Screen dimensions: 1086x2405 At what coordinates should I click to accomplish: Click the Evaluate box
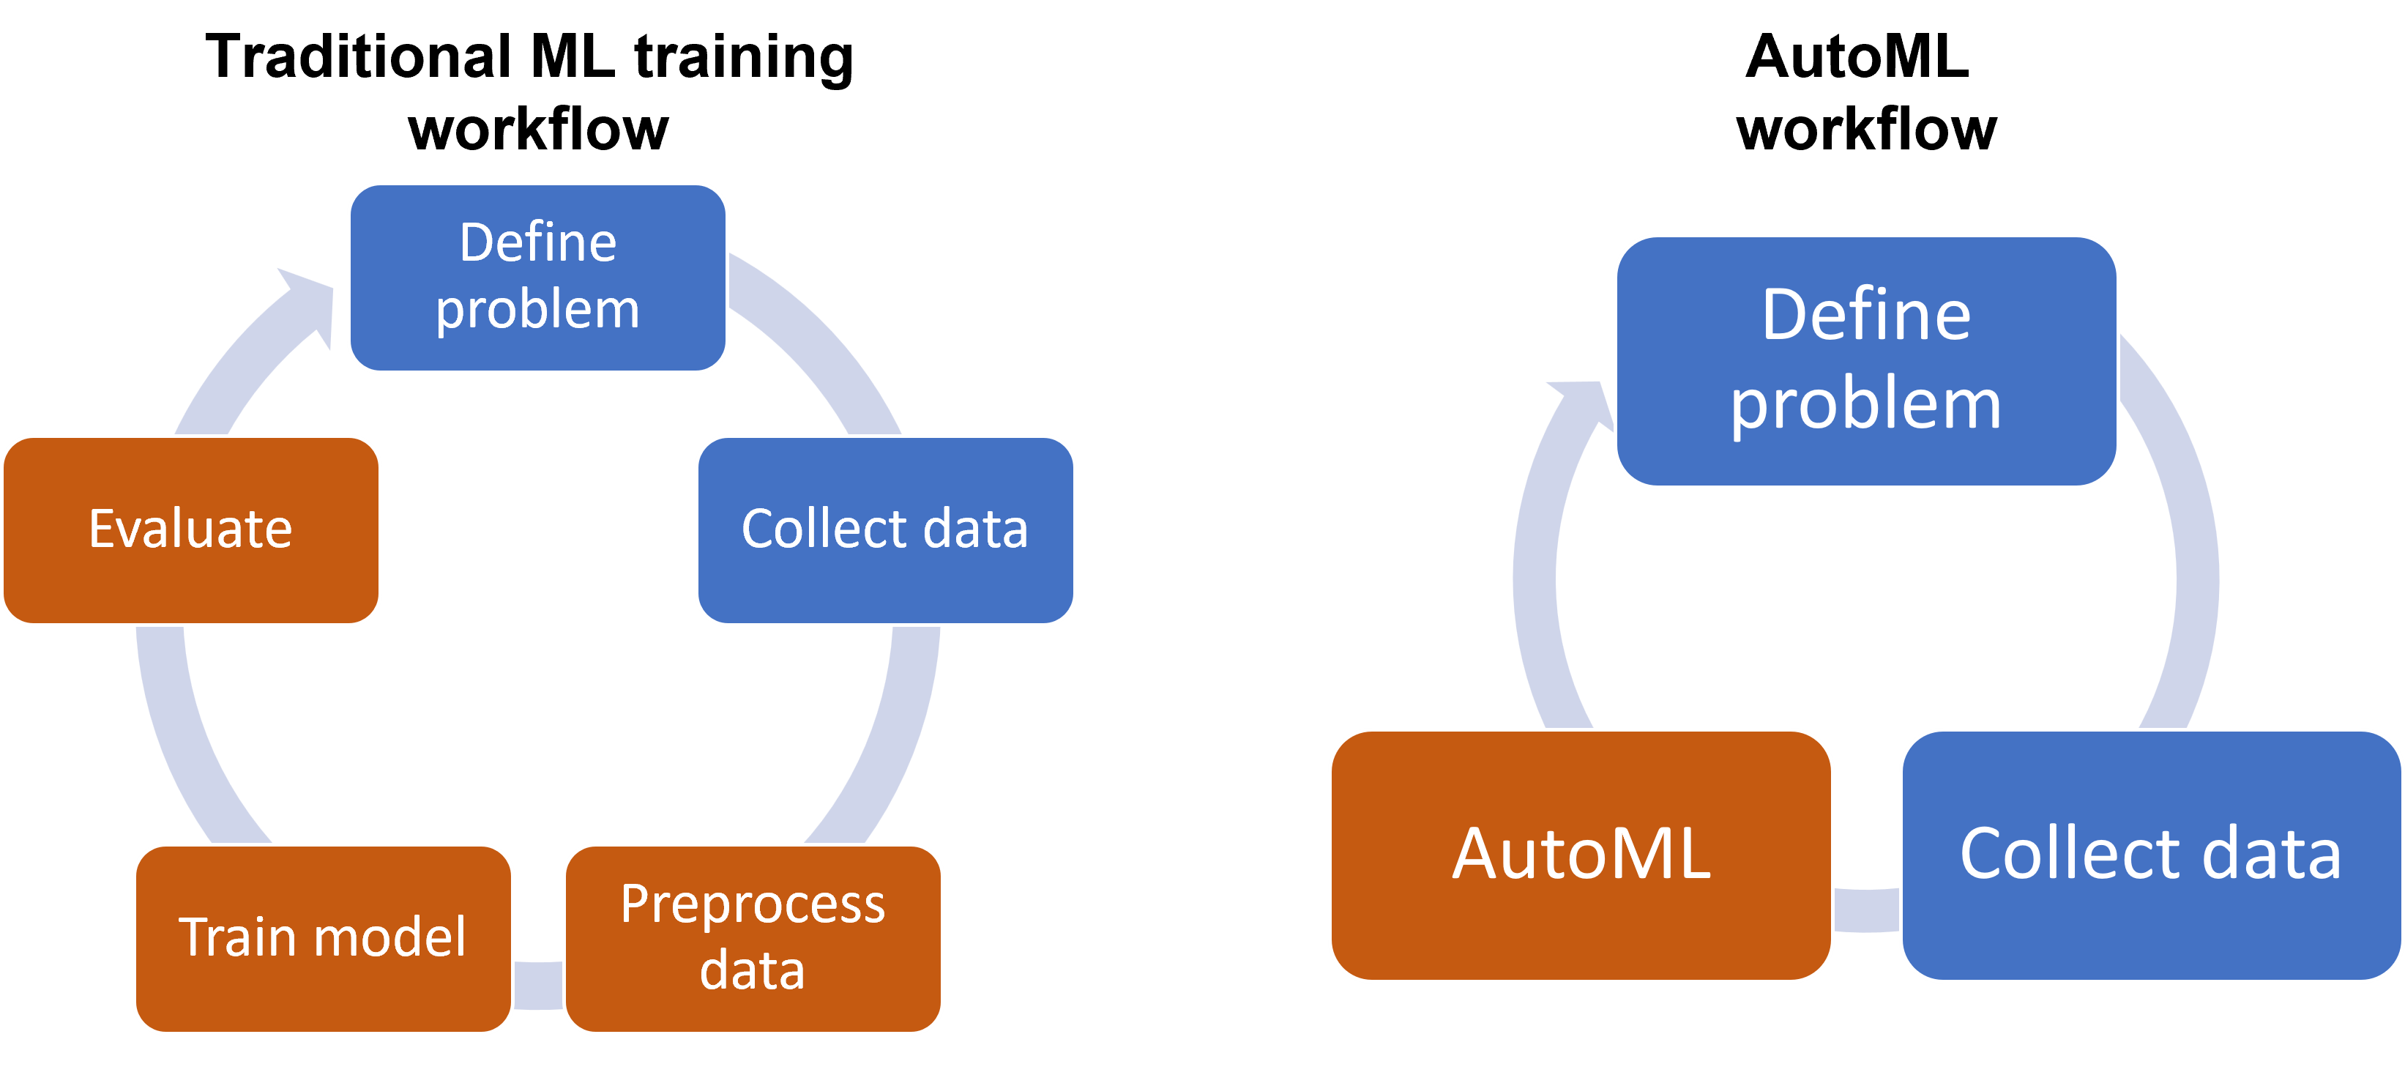(191, 529)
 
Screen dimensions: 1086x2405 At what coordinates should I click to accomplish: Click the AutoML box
(1581, 855)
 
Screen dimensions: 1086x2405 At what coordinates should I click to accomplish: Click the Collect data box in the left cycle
(885, 529)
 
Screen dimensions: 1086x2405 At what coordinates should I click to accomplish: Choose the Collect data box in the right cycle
(2151, 855)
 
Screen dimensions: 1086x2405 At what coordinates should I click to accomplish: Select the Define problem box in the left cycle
(538, 278)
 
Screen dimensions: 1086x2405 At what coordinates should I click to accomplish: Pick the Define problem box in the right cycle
(1865, 360)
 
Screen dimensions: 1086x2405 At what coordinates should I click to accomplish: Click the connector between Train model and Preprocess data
(538, 985)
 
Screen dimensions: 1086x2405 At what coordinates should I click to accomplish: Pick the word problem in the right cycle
(1865, 404)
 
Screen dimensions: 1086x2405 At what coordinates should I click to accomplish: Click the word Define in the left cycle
(538, 243)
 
